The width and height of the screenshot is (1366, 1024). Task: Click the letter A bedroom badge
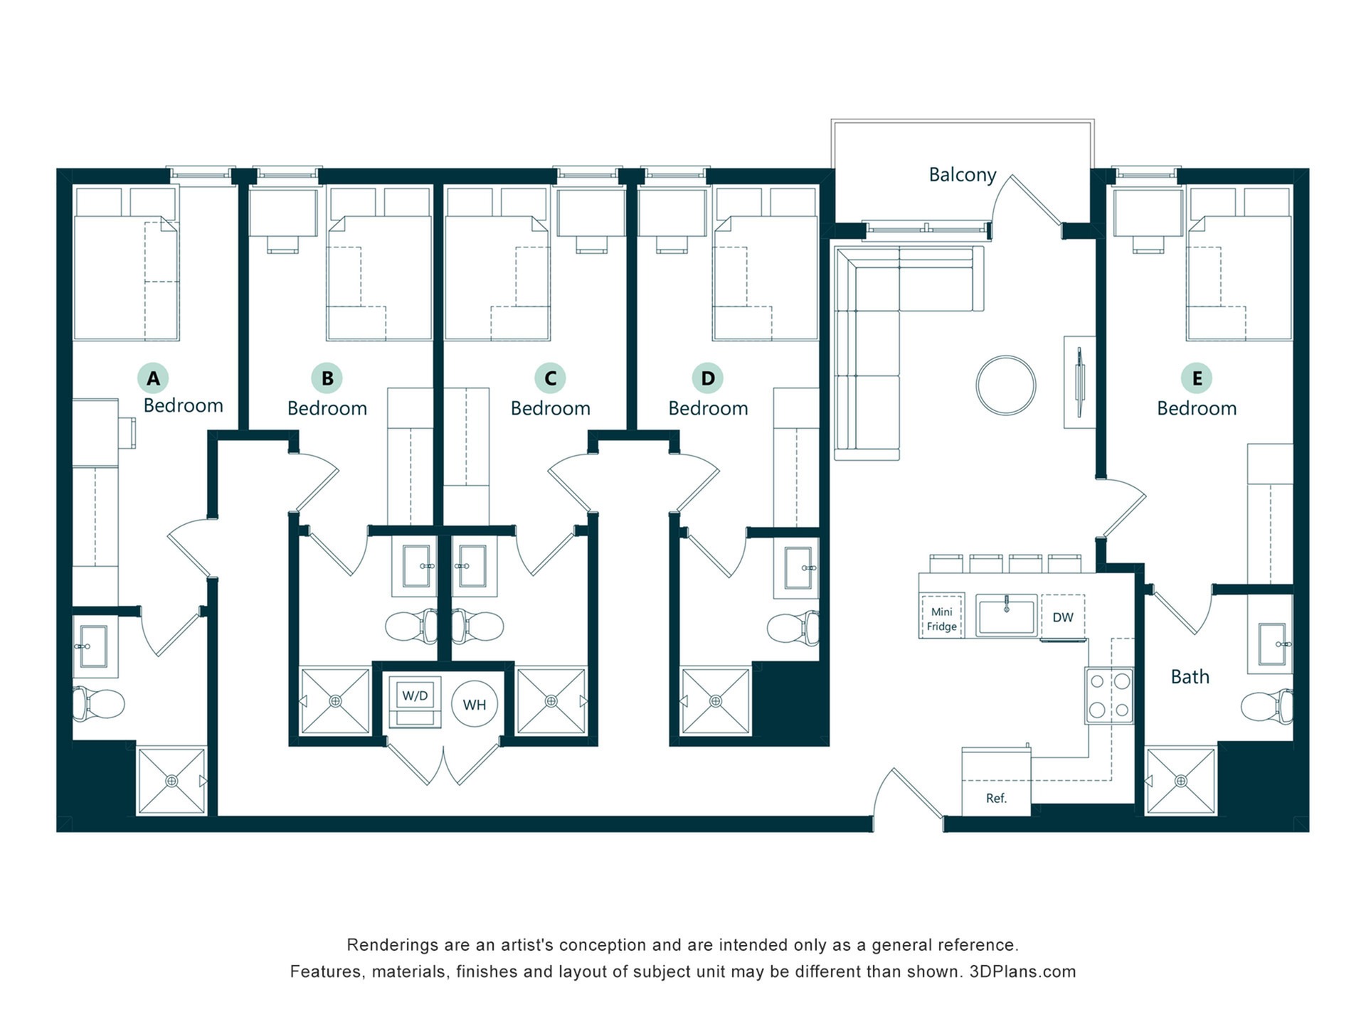pos(153,378)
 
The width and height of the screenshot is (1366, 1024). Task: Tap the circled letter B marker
pos(327,378)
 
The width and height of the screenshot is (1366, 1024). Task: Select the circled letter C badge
pos(550,378)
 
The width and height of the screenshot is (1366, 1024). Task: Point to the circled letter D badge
pos(708,378)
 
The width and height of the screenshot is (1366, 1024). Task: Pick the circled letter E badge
pos(1197,378)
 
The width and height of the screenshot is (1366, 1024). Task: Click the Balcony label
pos(963,175)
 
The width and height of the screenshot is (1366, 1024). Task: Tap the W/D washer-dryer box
pos(415,702)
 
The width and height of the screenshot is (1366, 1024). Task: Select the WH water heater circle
pos(475,705)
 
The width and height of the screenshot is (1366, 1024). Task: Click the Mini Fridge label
pos(941,619)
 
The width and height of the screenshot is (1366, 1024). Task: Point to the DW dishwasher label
pos(1063,617)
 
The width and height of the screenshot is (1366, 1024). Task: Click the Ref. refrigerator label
pos(996,799)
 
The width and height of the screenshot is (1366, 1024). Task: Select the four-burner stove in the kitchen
pos(1109,695)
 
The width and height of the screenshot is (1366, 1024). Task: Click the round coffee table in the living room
pos(1006,385)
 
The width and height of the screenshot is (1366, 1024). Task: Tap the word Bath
pos(1190,677)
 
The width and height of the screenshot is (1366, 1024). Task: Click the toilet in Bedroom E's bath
pos(1267,706)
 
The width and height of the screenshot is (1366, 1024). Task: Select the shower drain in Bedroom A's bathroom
pos(171,781)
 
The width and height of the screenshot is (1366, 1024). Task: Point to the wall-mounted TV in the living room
pos(1080,382)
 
